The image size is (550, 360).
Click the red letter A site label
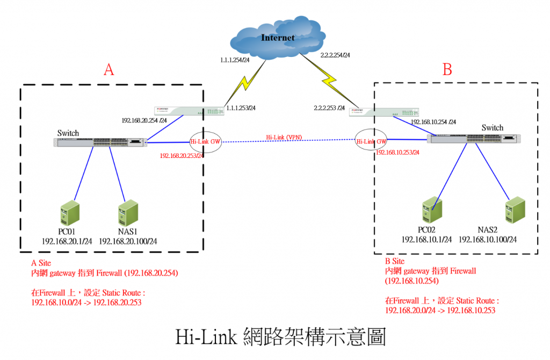pos(109,70)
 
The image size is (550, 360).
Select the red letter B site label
pos(447,69)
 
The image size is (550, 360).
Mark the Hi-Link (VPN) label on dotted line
pos(284,138)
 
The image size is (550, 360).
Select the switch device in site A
pos(100,142)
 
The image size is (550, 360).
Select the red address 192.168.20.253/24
pos(182,156)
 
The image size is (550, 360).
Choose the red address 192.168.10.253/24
pos(397,153)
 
